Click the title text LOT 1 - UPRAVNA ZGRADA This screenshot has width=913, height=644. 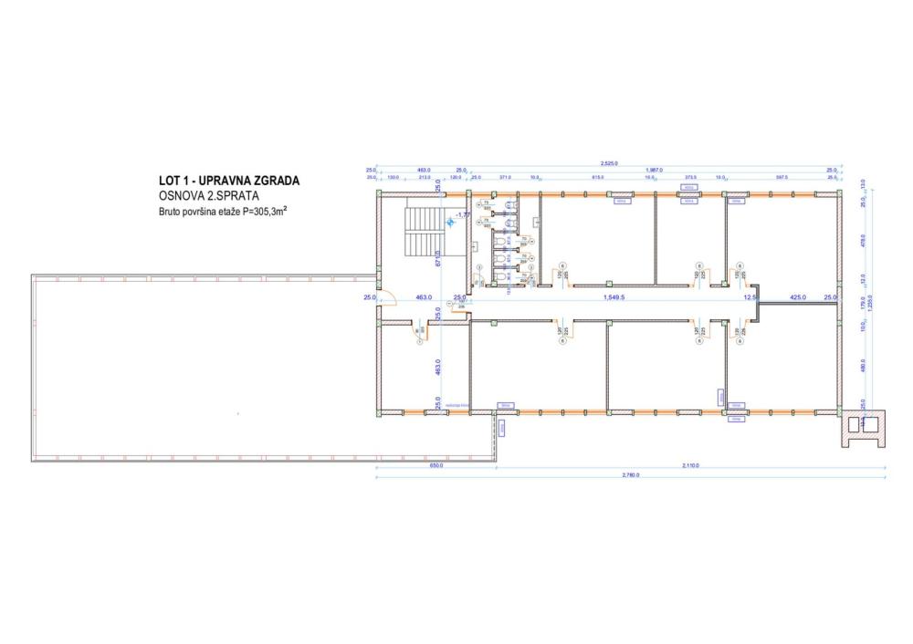coord(229,182)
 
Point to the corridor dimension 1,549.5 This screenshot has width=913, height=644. coord(619,297)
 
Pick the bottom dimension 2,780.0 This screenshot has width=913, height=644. coord(630,475)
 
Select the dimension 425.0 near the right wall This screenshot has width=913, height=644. coord(797,297)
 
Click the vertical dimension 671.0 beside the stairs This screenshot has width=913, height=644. coord(438,259)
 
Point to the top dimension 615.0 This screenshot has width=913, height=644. coord(599,177)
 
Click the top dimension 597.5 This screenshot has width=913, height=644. coord(782,177)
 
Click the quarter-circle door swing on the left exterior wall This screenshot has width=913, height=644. coord(385,296)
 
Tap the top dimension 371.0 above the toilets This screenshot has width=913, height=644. coord(504,177)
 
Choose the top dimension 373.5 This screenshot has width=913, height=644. coord(690,177)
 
